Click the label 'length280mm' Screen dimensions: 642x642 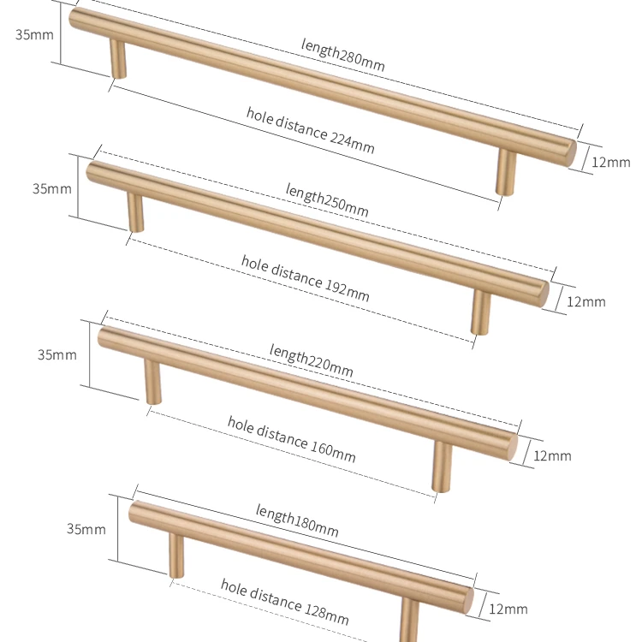(342, 55)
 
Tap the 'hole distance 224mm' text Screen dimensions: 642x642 (310, 130)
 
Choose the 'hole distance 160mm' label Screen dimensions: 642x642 (291, 438)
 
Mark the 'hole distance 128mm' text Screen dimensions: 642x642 (284, 601)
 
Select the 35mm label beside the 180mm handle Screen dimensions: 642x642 (86, 529)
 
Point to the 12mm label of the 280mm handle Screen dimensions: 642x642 (611, 163)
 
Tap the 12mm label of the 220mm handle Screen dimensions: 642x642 (552, 455)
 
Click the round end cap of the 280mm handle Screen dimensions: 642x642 (568, 152)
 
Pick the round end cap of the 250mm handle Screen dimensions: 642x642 (541, 291)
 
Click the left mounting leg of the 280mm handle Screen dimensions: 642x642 (117, 60)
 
